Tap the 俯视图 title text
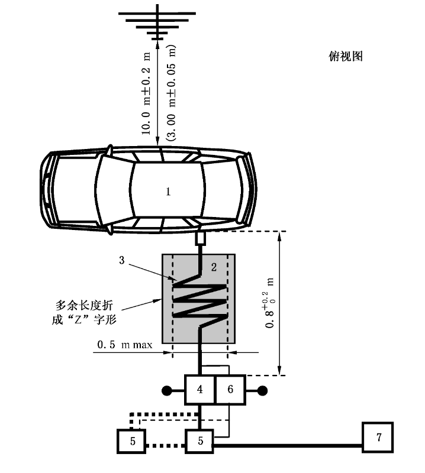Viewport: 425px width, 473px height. click(345, 57)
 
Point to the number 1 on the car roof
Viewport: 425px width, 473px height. click(168, 192)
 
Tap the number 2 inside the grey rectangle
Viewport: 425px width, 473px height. click(214, 267)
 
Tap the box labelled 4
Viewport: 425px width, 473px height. click(199, 390)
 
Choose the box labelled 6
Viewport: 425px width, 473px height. click(230, 390)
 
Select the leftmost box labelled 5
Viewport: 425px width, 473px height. click(131, 440)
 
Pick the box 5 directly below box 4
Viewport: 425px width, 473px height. click(199, 440)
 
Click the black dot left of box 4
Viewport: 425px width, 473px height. click(168, 390)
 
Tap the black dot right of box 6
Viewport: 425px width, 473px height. click(262, 390)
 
